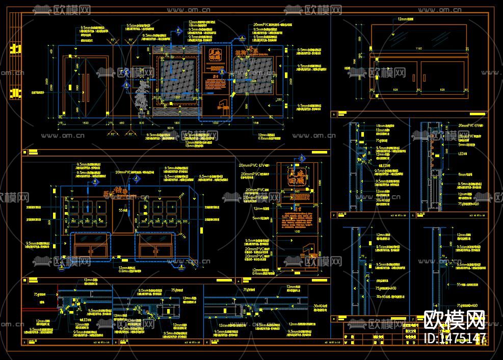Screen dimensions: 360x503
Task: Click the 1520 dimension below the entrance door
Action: click(85, 123)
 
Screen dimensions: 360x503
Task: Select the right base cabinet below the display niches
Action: click(155, 246)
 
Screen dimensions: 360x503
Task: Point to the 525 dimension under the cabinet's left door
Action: click(396, 90)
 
